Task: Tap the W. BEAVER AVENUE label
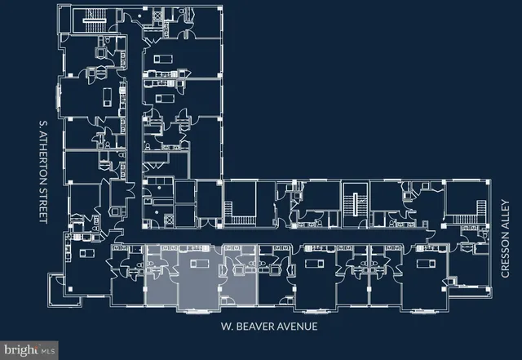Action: [268, 327]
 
